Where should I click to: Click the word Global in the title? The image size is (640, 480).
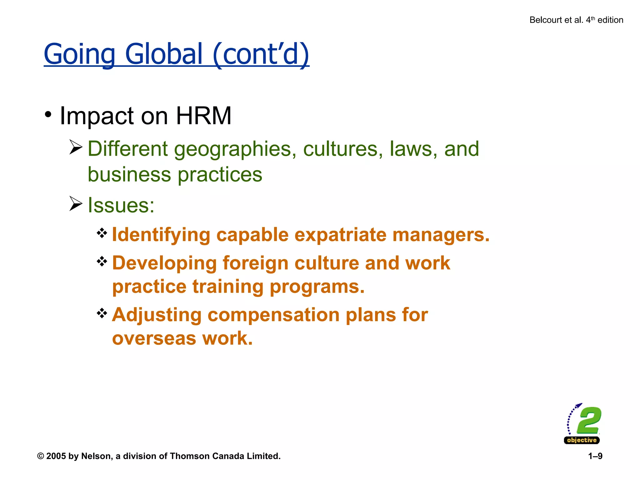(x=164, y=54)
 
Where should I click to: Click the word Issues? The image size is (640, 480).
(x=121, y=205)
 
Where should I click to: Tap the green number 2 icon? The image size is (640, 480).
(x=589, y=420)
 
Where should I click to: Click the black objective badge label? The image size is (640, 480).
(x=582, y=440)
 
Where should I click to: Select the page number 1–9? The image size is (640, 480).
(x=595, y=456)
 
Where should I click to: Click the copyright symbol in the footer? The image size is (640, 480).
(x=40, y=456)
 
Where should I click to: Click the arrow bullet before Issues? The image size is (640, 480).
(x=76, y=204)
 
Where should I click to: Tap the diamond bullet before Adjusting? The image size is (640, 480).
(x=102, y=313)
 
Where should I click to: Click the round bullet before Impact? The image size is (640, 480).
(x=48, y=115)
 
